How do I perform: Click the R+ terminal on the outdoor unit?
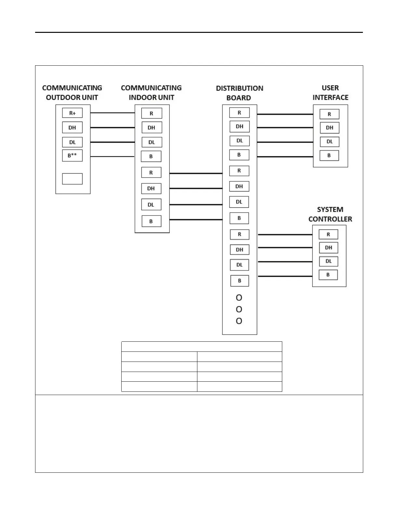coord(72,113)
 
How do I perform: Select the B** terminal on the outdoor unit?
coord(72,155)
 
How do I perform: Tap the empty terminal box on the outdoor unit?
coord(72,179)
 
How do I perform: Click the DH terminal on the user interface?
coord(329,128)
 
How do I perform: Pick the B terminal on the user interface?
coord(329,155)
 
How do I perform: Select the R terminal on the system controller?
coord(328,234)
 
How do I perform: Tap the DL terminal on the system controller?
coord(328,261)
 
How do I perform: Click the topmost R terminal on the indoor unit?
coord(152,113)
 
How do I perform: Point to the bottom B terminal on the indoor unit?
coord(151,221)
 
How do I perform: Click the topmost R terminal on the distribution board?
coord(239,113)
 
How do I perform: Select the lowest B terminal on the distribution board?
coord(240,281)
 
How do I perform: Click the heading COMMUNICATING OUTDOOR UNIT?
coord(72,93)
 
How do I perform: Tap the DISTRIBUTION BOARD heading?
coord(239,93)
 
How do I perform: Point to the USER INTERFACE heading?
coord(330,93)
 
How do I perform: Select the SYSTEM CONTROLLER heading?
coord(330,214)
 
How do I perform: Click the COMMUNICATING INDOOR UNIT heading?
coord(151,93)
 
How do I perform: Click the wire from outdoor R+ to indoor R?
coord(113,113)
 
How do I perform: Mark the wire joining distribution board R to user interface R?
coord(285,114)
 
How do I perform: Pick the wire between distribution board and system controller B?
coord(285,276)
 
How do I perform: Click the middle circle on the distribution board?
coord(239,309)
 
